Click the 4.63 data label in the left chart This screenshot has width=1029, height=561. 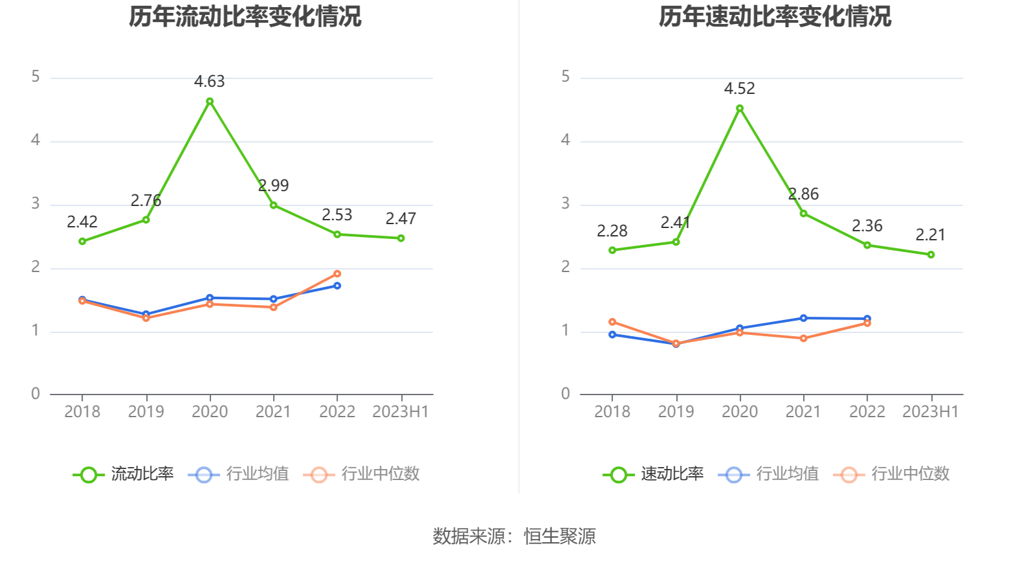tap(209, 82)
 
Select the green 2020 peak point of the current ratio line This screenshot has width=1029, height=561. tap(210, 102)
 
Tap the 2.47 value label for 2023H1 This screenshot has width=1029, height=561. tap(401, 219)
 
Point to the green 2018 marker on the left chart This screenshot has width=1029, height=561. tap(82, 242)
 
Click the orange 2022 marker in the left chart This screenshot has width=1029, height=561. tap(337, 274)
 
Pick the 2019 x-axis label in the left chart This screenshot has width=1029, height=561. tap(146, 412)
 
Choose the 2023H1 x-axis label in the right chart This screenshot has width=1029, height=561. tap(930, 412)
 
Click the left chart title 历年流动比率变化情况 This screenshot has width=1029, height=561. tap(245, 17)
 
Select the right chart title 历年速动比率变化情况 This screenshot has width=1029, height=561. tap(775, 17)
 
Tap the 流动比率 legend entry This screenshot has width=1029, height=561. tap(124, 474)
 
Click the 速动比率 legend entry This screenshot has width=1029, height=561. tap(654, 474)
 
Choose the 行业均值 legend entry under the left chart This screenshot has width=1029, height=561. tap(239, 474)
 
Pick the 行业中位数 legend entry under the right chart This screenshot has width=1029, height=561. tap(892, 474)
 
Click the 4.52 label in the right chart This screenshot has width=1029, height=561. tap(739, 89)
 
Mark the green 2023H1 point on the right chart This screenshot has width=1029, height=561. tap(931, 255)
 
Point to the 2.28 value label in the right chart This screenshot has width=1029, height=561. tap(612, 231)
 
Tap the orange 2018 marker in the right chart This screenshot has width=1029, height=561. tap(612, 322)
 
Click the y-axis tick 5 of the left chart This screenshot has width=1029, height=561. tap(36, 77)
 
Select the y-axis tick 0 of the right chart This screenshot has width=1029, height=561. tap(566, 394)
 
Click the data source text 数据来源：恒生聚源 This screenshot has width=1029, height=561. tap(514, 536)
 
